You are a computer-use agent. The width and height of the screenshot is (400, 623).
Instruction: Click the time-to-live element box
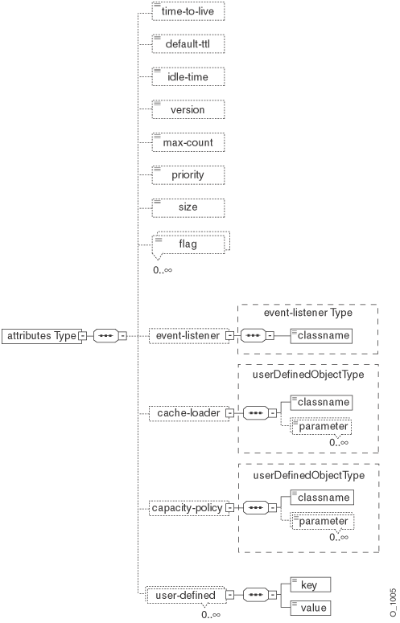188,11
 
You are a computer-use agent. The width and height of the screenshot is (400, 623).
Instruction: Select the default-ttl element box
188,44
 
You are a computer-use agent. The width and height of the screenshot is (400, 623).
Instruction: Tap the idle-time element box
188,76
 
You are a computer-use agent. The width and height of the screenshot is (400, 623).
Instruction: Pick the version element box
188,109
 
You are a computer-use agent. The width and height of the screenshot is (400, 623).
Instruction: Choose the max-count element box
188,142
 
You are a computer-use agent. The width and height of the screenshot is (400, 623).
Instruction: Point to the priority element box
188,174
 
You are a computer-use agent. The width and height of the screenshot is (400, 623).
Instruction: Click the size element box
188,207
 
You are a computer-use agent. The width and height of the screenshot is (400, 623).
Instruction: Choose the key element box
309,584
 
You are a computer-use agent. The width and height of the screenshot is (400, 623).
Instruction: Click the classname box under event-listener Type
320,335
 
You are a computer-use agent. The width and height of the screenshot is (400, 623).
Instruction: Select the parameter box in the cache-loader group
322,427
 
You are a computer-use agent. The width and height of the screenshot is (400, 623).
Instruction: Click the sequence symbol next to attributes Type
108,335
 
